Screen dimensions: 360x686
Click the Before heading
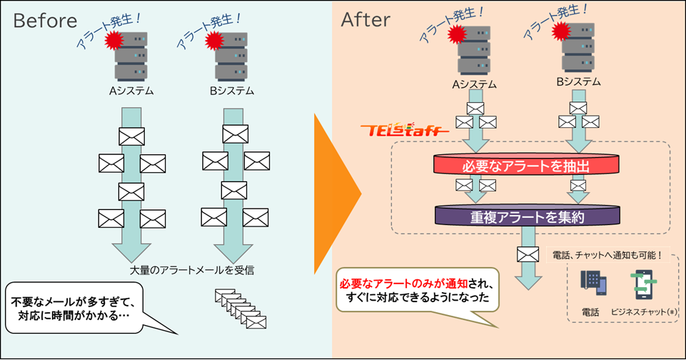pyautogui.click(x=46, y=20)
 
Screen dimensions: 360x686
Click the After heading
pyautogui.click(x=365, y=20)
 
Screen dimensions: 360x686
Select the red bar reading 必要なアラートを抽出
pyautogui.click(x=526, y=166)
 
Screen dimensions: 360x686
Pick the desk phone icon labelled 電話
pyautogui.click(x=592, y=284)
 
